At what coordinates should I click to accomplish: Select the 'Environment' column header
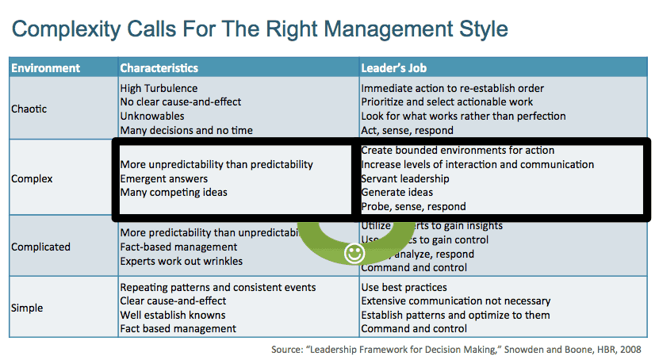coord(45,68)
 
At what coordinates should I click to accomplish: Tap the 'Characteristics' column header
coord(159,68)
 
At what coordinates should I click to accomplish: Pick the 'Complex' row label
coord(33,179)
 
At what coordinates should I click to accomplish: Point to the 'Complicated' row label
coord(40,247)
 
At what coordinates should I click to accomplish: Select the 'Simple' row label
coord(28,308)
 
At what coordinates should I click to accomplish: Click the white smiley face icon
coord(354,254)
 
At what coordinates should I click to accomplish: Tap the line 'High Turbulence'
coord(159,89)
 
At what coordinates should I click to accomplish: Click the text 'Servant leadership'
coord(405,179)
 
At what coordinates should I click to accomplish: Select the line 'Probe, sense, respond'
coord(413,207)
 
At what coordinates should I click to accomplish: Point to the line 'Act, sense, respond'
coord(407,130)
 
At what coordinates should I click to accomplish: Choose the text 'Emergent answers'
coord(164,179)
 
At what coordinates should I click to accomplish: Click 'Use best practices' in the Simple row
coord(404,287)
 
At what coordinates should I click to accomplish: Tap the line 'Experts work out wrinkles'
coord(181,261)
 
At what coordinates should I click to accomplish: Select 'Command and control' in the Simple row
coord(414,328)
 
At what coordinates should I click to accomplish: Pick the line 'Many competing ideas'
coord(174,193)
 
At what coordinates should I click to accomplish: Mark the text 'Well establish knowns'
coord(174,315)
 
